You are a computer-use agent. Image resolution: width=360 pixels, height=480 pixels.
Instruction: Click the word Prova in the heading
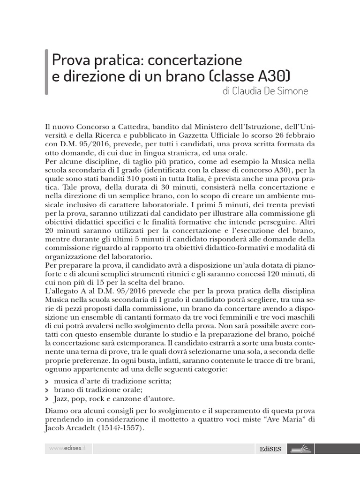67,60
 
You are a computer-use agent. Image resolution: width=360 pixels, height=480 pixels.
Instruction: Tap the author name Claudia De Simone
266,91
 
